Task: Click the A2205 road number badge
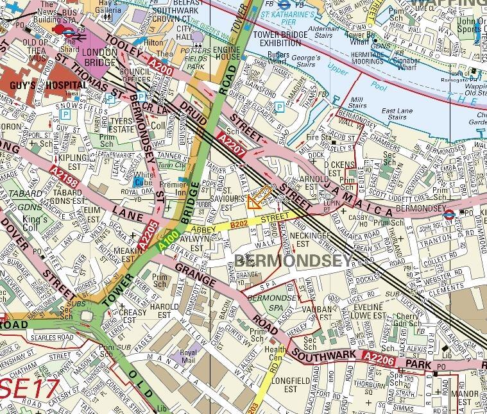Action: click(147, 235)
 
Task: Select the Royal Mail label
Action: click(188, 356)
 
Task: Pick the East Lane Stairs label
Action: click(395, 113)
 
